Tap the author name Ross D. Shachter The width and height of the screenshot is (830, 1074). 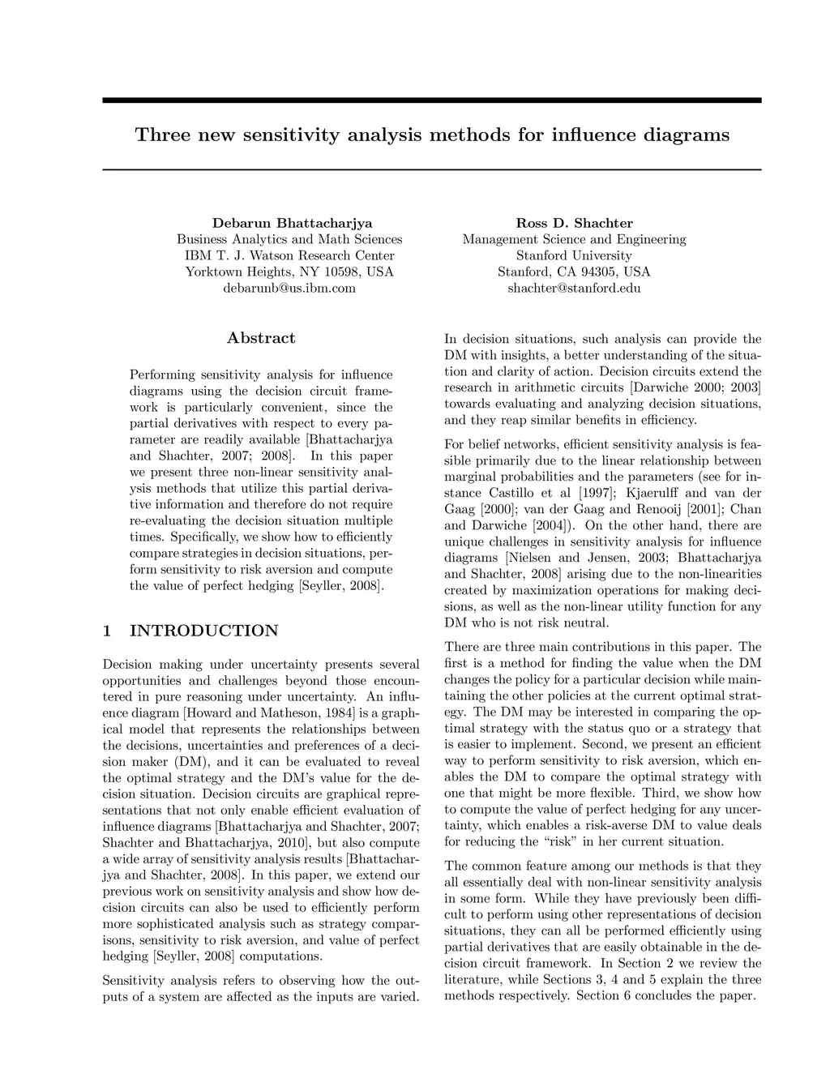pyautogui.click(x=574, y=223)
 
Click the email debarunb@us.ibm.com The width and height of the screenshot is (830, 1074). pyautogui.click(x=289, y=288)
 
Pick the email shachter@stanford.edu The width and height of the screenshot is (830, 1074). pyautogui.click(x=574, y=288)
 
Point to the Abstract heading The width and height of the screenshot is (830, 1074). pyautogui.click(x=261, y=338)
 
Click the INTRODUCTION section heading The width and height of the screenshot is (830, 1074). pyautogui.click(x=204, y=631)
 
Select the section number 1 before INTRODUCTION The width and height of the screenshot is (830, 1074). pyautogui.click(x=107, y=631)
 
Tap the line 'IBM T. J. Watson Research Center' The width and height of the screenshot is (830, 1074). pyautogui.click(x=289, y=255)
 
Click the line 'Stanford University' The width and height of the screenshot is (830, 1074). pyautogui.click(x=574, y=255)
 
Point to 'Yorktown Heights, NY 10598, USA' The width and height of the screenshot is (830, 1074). pyautogui.click(x=289, y=272)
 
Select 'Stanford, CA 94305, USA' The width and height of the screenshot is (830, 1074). pyautogui.click(x=574, y=272)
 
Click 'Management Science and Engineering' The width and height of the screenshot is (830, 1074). pyautogui.click(x=574, y=239)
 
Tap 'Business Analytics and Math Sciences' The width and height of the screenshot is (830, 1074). pyautogui.click(x=289, y=239)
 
